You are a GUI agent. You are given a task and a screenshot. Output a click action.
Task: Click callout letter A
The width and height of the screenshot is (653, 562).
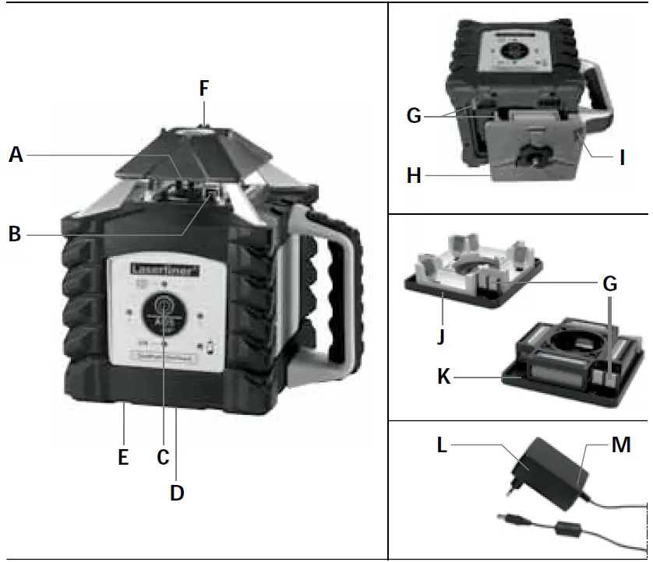click(16, 155)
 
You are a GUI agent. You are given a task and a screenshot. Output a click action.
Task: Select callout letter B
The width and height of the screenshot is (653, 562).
click(14, 233)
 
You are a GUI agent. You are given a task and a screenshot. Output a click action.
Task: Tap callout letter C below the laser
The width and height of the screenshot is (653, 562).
click(163, 457)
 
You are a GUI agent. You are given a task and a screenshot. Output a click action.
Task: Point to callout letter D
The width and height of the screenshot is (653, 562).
click(178, 493)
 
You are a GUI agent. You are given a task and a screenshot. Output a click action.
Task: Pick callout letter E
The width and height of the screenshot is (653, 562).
click(123, 457)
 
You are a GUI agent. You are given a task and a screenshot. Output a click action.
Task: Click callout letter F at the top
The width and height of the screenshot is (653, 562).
click(203, 89)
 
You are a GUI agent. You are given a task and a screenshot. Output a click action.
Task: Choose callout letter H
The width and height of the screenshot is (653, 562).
click(414, 176)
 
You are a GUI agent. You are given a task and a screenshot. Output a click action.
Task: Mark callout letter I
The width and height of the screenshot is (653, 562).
click(622, 158)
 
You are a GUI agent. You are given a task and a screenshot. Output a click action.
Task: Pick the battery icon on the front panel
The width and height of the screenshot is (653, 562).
click(210, 347)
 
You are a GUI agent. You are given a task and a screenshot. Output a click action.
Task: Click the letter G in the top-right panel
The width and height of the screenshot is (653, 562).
click(414, 116)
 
